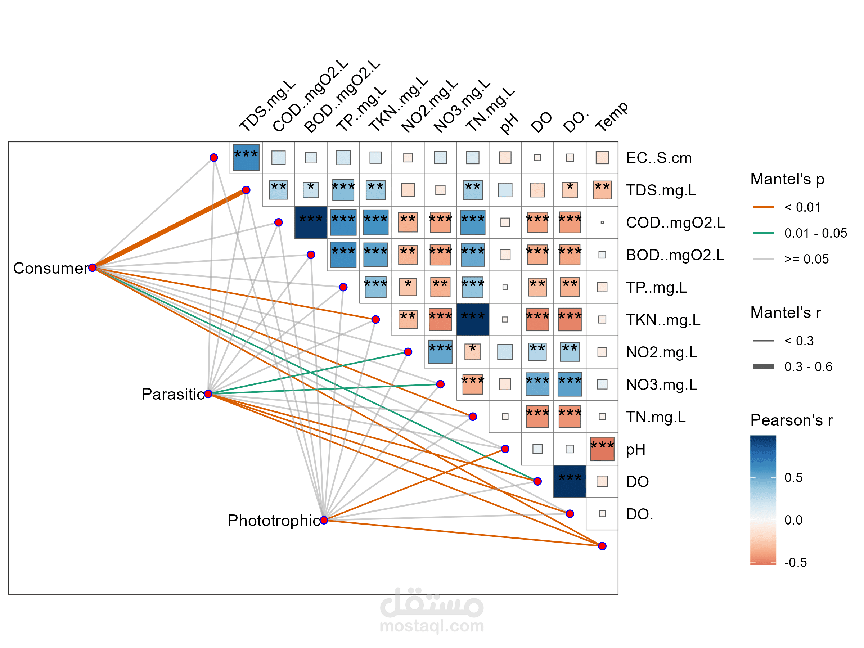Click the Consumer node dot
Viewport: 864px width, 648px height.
point(93,267)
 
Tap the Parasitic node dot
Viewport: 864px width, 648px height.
point(208,394)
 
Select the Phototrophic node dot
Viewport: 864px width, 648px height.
point(324,520)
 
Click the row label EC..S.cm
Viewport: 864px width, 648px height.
point(658,158)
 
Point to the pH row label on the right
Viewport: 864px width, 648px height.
point(635,449)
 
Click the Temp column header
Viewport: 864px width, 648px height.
point(612,117)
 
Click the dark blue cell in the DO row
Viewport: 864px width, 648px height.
point(570,481)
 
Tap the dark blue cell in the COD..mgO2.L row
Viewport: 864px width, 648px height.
point(311,222)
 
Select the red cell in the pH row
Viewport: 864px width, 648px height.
point(602,449)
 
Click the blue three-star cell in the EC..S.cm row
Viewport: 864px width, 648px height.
point(246,157)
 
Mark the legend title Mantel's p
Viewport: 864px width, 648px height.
point(787,179)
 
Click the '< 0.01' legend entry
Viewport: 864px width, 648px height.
point(802,207)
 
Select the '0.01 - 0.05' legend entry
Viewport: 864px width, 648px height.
point(815,233)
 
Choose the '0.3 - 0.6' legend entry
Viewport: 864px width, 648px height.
point(808,367)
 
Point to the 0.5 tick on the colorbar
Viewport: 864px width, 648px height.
point(793,477)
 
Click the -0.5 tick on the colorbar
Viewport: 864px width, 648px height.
point(795,562)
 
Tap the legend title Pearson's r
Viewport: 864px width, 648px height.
point(791,420)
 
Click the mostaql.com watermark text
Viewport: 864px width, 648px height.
point(432,626)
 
